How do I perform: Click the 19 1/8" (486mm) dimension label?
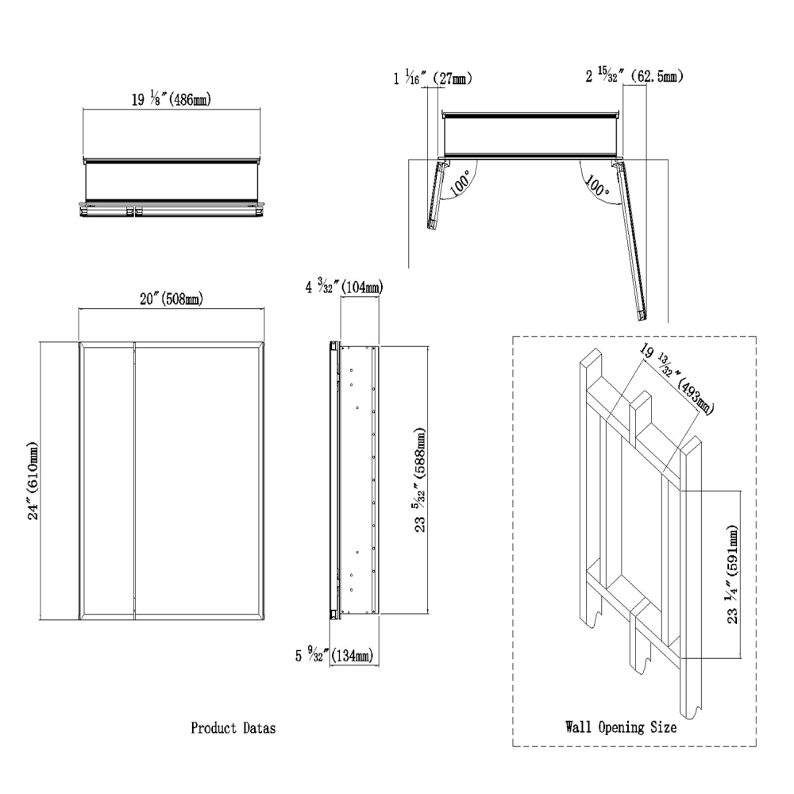[171, 100]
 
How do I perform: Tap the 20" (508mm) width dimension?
[171, 299]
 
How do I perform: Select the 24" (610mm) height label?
[33, 480]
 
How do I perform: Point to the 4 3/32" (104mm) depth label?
[343, 287]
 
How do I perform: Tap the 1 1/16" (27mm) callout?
[432, 78]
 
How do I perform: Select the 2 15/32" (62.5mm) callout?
[635, 76]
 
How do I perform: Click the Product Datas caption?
[233, 727]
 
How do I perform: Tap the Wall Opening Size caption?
[620, 727]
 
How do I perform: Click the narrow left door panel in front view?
[108, 480]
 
